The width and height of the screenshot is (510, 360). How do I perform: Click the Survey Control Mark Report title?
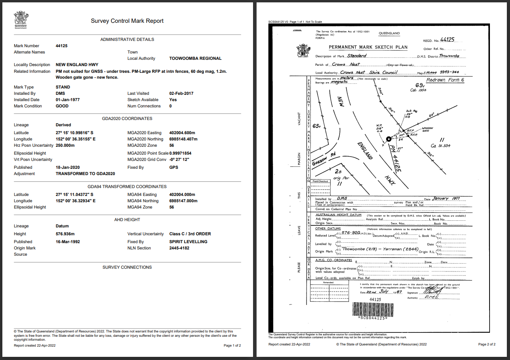[127, 21]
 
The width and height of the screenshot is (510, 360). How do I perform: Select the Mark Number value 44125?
[62, 46]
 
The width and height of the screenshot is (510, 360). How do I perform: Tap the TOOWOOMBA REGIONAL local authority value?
[195, 58]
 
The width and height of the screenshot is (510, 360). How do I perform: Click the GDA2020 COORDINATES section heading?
[127, 118]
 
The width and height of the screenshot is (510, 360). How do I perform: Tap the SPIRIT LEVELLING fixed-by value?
[188, 242]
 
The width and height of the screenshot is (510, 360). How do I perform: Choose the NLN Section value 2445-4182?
[179, 248]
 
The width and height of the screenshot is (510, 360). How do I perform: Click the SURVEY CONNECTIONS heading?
[127, 267]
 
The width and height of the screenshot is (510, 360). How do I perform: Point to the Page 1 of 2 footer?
[232, 345]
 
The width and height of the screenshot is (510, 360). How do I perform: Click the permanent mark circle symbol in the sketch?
[388, 139]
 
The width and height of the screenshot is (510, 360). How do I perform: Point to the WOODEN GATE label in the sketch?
[427, 129]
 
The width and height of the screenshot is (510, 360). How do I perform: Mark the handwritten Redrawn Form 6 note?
[445, 80]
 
